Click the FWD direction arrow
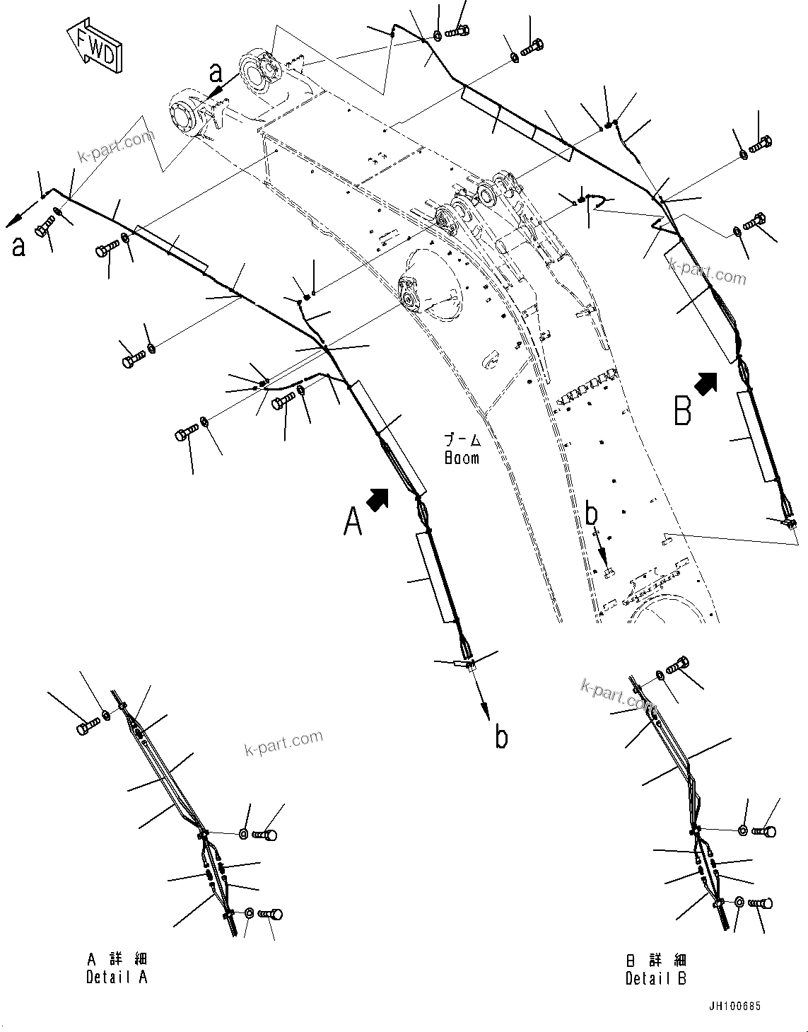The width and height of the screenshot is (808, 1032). click(94, 47)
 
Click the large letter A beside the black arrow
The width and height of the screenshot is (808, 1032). click(353, 522)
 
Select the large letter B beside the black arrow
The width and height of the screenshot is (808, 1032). click(682, 411)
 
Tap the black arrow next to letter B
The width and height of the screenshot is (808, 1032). click(705, 383)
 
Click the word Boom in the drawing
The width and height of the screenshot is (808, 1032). click(462, 458)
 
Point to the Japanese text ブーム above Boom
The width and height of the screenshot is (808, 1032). click(462, 440)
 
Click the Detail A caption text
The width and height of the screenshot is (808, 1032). click(117, 978)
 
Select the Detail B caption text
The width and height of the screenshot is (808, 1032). click(656, 979)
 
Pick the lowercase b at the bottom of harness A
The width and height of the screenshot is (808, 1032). click(501, 737)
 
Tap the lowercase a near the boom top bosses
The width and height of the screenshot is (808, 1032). click(215, 72)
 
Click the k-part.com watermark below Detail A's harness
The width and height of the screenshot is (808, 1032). click(282, 742)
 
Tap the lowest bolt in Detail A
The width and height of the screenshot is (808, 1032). click(271, 915)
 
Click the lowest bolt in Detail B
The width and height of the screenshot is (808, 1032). click(760, 903)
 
